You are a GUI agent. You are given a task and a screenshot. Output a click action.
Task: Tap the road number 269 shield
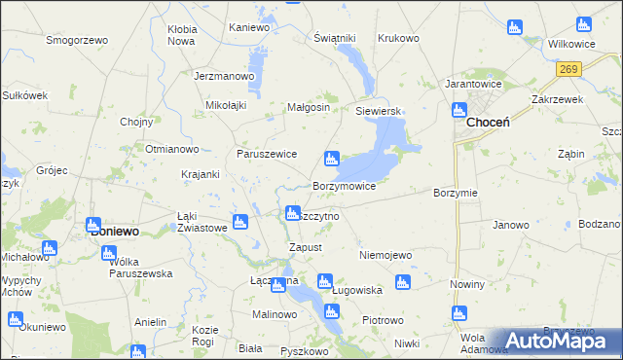point(570,69)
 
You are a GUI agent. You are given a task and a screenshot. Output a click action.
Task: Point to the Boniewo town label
point(114,233)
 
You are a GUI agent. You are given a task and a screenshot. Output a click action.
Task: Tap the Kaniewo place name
point(248,27)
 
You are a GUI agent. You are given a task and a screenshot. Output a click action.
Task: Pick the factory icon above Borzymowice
point(332,158)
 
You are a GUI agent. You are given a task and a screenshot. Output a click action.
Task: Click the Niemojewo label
point(386,255)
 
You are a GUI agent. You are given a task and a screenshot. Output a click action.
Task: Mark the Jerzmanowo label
point(224,75)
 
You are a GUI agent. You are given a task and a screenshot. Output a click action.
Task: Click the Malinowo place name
point(275,314)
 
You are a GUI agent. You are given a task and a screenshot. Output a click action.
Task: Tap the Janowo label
point(510,225)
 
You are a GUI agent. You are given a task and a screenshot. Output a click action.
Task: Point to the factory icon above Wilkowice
point(583,24)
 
